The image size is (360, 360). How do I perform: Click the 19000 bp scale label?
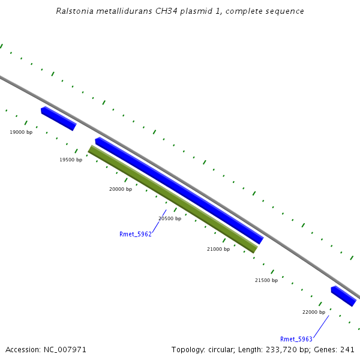(x=21, y=132)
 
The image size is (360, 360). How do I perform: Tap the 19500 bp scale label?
(x=71, y=160)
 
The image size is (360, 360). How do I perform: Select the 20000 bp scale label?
(x=121, y=189)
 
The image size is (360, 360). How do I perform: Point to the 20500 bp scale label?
(x=170, y=219)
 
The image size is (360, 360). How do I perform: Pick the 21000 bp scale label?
(x=218, y=249)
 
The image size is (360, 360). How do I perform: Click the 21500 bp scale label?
(x=266, y=280)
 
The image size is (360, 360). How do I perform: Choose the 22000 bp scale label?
(x=314, y=312)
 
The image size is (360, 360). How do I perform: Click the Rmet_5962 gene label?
(x=136, y=234)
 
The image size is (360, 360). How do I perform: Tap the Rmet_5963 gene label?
(x=296, y=339)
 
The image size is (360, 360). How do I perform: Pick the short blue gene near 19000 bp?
(x=58, y=118)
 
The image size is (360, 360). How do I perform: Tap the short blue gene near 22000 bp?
(x=343, y=296)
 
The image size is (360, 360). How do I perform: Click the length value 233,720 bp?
(x=289, y=349)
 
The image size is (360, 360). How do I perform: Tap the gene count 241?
(x=347, y=349)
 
